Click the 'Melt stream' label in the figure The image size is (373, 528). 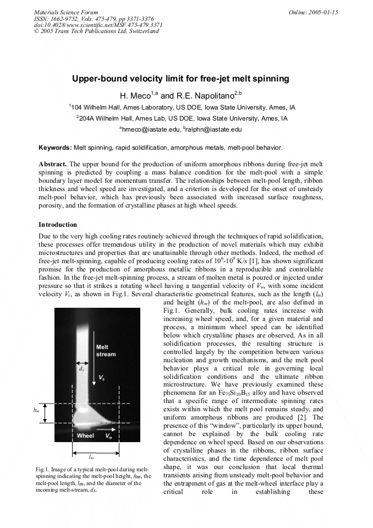point(106,351)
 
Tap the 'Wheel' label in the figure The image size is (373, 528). point(85,436)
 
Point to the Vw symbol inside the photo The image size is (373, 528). point(109,436)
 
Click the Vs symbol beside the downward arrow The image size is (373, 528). point(102,377)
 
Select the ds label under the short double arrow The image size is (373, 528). point(81,369)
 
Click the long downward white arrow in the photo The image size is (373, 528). point(94,358)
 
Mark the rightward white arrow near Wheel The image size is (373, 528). point(107,426)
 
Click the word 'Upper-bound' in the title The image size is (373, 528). point(97,79)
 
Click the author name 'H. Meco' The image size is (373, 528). point(134,96)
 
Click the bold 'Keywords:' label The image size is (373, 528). point(54,148)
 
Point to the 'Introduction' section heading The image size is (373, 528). point(58,225)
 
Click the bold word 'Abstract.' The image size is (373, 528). point(53,165)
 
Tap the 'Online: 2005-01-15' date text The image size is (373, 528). point(313,12)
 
